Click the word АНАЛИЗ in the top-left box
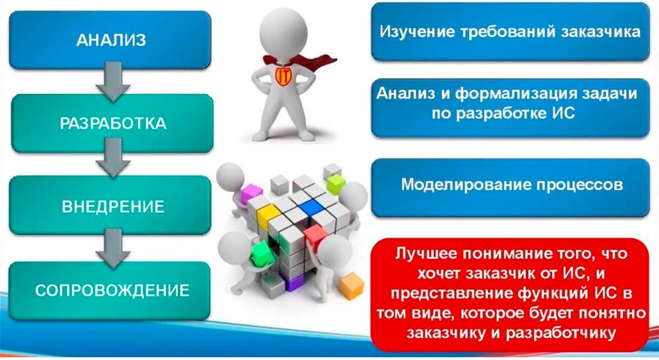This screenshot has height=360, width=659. point(111,40)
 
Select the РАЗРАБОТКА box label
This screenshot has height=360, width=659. point(113,123)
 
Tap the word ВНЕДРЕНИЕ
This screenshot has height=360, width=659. point(113,206)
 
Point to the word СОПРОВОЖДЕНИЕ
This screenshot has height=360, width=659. point(113,290)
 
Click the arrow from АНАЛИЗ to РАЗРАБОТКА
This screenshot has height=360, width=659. point(113,82)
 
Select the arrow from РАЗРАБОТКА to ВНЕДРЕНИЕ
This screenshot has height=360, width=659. point(113,158)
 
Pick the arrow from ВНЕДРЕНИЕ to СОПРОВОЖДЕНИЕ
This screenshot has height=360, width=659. point(113,249)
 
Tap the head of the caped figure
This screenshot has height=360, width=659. point(283,32)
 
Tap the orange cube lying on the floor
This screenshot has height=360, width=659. point(351,286)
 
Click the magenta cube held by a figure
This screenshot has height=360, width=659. point(252,193)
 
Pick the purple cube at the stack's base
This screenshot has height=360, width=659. point(292,282)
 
